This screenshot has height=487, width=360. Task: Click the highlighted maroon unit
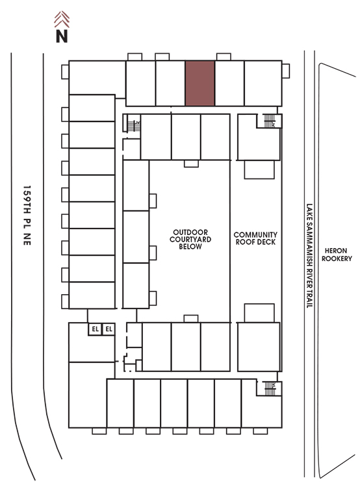[200, 83]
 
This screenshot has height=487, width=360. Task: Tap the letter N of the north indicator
[62, 36]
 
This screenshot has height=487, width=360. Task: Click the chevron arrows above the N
[62, 19]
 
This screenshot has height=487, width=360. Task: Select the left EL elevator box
[95, 329]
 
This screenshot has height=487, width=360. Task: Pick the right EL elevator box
[109, 329]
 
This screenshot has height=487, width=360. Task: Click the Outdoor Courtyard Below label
[190, 239]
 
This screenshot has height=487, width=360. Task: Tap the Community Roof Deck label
[255, 238]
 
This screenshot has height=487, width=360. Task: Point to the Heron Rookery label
[337, 255]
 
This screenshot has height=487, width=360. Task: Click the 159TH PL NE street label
[27, 216]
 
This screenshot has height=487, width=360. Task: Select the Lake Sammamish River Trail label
[309, 255]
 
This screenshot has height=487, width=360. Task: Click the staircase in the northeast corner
[270, 121]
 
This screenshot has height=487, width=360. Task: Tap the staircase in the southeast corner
[270, 388]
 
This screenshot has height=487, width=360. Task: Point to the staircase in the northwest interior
[134, 125]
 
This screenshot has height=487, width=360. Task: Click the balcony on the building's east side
[286, 71]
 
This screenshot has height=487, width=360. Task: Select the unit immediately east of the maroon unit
[229, 83]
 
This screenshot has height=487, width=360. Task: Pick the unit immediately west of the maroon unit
[170, 83]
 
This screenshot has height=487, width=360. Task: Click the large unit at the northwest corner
[97, 77]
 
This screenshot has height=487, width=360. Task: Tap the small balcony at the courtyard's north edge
[191, 164]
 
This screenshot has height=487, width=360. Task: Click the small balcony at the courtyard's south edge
[191, 319]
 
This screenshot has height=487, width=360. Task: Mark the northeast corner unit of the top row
[263, 83]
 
